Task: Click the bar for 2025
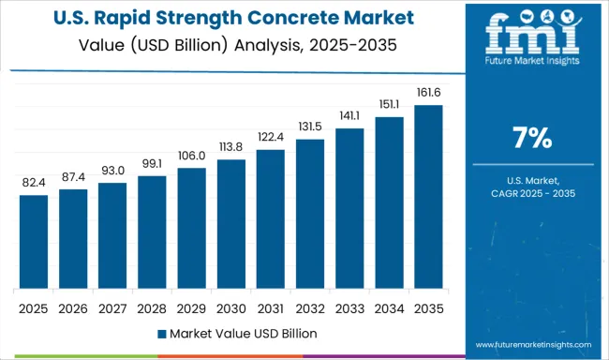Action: pyautogui.click(x=33, y=242)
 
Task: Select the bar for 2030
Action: pyautogui.click(x=230, y=224)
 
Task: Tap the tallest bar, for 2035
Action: pyautogui.click(x=428, y=197)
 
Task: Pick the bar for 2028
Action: pyautogui.click(x=152, y=232)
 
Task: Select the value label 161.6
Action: pyautogui.click(x=428, y=94)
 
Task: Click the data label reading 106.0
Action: pyautogui.click(x=191, y=157)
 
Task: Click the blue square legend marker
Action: pyautogui.click(x=163, y=333)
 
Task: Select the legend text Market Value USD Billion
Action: pyautogui.click(x=244, y=333)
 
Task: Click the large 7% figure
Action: pyautogui.click(x=531, y=139)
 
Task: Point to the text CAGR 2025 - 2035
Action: pyautogui.click(x=531, y=192)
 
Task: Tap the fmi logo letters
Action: pyautogui.click(x=531, y=37)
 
